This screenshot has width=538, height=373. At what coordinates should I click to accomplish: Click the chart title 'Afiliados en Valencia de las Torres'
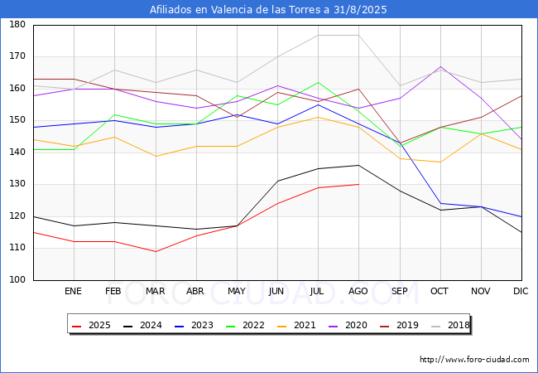(268, 10)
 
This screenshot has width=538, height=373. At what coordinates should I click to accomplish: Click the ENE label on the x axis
(74, 292)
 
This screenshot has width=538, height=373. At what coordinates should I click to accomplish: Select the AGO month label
(358, 292)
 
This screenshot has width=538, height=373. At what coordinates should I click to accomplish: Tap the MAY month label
(237, 292)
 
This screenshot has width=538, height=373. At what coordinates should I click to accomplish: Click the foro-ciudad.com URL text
(474, 360)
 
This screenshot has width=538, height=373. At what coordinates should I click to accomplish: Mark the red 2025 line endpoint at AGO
(358, 184)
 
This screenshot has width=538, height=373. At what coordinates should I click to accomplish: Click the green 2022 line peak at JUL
(318, 82)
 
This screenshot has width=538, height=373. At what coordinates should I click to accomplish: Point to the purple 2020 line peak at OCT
(440, 66)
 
